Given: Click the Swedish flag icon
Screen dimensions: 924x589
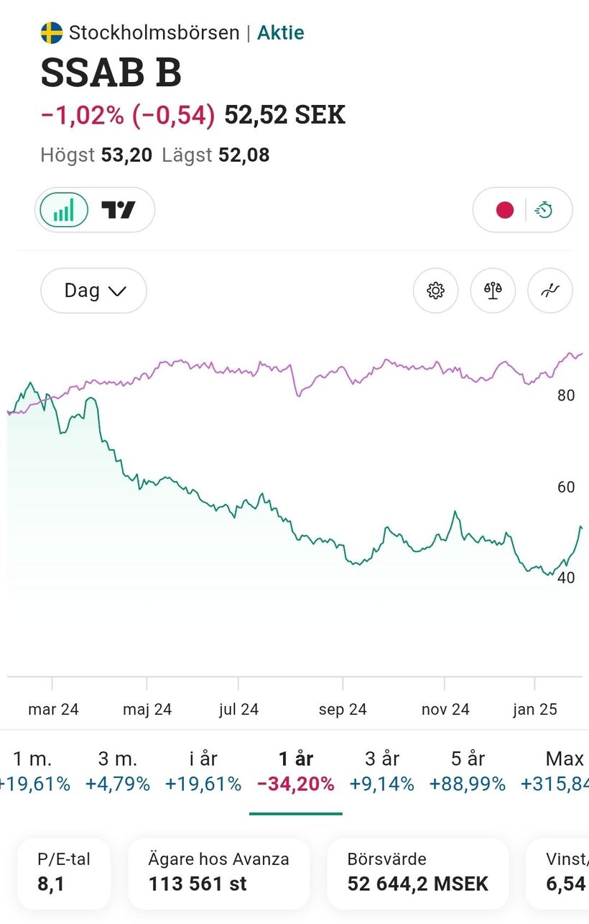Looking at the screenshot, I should [52, 33].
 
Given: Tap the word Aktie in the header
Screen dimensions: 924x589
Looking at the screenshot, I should [280, 33].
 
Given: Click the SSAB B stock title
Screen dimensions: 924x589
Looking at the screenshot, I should [111, 73].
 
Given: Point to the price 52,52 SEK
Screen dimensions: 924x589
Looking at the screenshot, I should [284, 115].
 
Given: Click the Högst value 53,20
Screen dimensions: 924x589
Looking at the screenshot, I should [126, 155].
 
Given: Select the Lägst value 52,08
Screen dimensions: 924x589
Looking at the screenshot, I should [244, 155].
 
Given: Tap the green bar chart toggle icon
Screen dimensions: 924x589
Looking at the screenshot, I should [64, 210].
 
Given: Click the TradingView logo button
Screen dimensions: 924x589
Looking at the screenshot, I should [119, 210].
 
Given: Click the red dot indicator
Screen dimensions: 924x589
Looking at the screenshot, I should [505, 210].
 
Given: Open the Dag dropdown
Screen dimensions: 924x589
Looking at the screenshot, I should [94, 291].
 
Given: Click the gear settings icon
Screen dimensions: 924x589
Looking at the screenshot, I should [435, 291].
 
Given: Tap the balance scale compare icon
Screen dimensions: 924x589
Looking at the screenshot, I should [493, 291].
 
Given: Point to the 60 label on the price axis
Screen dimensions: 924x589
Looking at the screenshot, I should [566, 488].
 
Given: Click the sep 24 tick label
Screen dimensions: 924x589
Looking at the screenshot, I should [343, 710].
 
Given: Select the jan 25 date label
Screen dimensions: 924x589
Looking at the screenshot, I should [534, 710].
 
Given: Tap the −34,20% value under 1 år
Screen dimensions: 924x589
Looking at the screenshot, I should [295, 784].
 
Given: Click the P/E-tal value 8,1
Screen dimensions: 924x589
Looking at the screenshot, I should [51, 884].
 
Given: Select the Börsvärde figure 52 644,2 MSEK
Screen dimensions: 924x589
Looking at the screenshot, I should [417, 884].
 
